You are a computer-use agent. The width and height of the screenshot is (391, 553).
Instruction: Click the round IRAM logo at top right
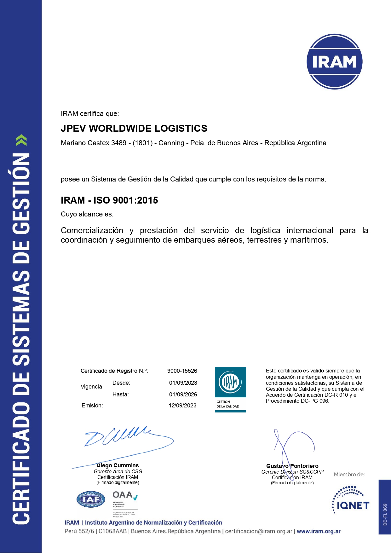pos(334,62)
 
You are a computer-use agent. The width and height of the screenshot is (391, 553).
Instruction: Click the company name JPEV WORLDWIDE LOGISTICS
pos(134,128)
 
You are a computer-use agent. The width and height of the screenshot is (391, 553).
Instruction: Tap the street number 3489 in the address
pos(119,143)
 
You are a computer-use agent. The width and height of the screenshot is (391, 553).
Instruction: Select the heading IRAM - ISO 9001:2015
pos(109,200)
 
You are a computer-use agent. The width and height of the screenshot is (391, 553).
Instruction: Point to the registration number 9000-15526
pos(182,371)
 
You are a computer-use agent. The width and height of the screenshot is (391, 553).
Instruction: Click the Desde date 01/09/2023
pos(183,383)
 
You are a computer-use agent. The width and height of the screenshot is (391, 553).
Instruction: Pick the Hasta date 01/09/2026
pos(183,395)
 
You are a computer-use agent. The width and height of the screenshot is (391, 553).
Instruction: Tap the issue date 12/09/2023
pos(182,406)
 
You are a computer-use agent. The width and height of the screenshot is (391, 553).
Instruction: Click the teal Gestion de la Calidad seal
pos(230,389)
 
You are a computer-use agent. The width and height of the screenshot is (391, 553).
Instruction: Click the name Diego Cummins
pos(118,465)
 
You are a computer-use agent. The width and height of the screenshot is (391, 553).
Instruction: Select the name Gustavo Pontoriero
pos(292,466)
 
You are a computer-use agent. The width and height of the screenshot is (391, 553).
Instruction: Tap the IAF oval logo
pos(91,499)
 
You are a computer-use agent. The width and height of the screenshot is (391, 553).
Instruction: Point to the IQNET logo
pos(350,501)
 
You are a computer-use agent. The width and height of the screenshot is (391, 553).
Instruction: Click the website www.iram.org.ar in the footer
pos(319,531)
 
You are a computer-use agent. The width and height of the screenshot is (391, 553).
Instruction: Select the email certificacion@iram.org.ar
pos(259,531)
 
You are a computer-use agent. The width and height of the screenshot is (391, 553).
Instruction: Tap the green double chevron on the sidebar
pos(21,140)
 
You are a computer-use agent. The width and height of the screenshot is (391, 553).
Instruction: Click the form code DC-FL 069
pos(385,515)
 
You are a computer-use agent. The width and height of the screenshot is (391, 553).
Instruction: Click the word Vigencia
pos(91,387)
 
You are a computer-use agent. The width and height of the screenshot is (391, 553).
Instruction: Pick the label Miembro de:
pos(349,474)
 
